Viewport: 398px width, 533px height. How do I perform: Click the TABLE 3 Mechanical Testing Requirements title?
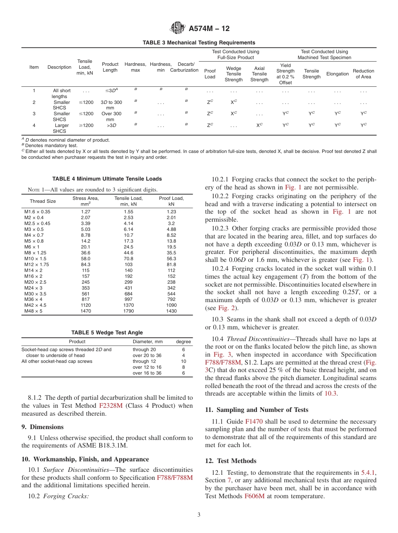pos(199,43)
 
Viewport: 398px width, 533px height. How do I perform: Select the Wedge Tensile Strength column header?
pos(233,74)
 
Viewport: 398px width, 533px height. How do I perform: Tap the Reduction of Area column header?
pos(363,74)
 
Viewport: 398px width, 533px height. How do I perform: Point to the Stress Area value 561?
pos(85,294)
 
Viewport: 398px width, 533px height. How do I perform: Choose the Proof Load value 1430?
pos(171,311)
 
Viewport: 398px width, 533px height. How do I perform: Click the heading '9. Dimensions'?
pos(42,427)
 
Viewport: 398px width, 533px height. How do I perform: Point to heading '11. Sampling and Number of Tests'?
pos(256,410)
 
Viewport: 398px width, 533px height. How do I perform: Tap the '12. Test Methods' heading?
pos(230,461)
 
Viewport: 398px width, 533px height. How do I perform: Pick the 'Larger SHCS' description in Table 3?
pos(62,128)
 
